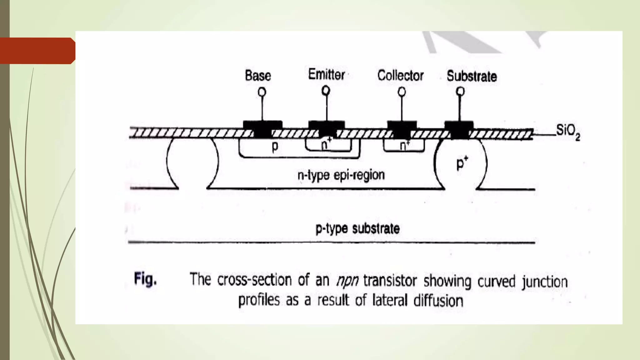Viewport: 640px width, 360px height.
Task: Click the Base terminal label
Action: point(258,76)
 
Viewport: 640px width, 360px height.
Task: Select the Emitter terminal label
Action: point(326,75)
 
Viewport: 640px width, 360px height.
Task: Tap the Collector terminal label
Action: point(400,76)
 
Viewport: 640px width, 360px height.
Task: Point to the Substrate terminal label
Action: point(472,76)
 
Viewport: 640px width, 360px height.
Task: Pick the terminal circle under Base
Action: point(262,92)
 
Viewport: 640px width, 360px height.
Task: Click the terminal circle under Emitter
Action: point(326,91)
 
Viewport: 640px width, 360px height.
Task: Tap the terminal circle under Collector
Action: point(402,92)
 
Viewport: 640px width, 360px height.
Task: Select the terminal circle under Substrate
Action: point(460,92)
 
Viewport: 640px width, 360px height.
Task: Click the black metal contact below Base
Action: point(262,128)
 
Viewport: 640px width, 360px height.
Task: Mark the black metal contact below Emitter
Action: point(327,128)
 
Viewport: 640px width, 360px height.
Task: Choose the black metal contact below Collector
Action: point(402,128)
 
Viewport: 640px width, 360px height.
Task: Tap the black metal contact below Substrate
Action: point(459,128)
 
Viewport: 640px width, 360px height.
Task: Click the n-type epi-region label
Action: point(341,175)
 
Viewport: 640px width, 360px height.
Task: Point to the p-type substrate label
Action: point(357,229)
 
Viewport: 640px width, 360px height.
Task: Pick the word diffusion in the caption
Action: point(438,301)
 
